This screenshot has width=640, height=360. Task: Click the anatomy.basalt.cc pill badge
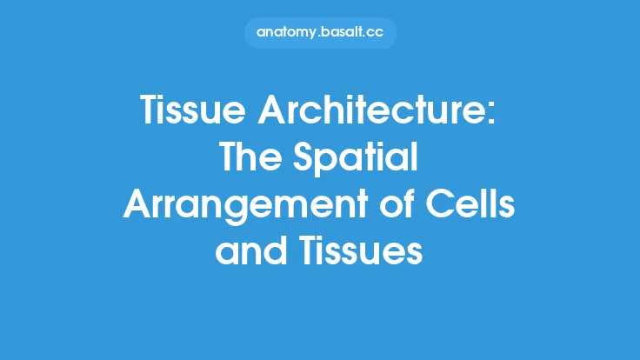pyautogui.click(x=320, y=33)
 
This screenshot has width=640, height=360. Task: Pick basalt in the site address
pyautogui.click(x=343, y=33)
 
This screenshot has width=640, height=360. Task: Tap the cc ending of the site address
pyautogui.click(x=377, y=33)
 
